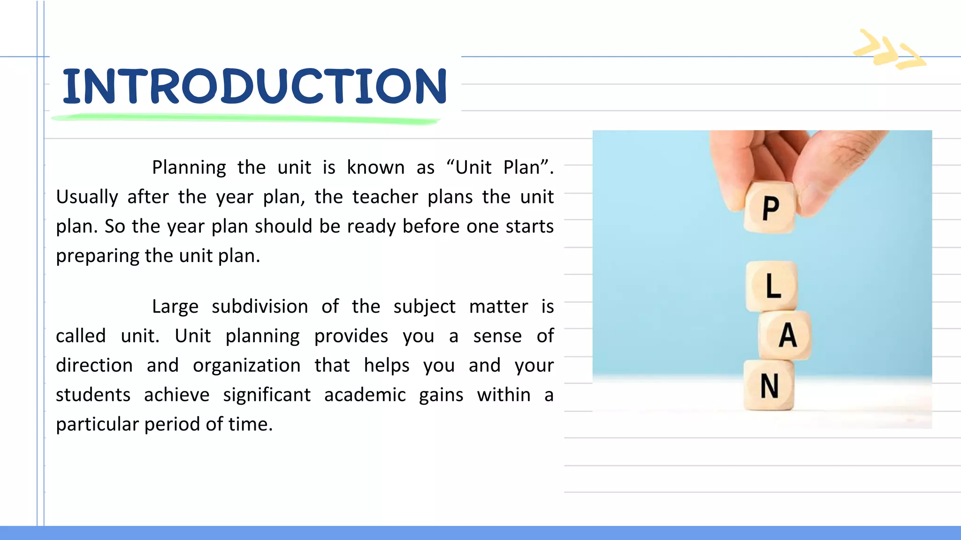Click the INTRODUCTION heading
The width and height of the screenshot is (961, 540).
coord(255,86)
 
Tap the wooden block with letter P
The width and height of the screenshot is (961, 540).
coord(770,208)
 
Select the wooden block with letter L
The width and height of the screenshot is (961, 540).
coord(772,286)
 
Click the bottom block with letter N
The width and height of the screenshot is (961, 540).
coord(769,386)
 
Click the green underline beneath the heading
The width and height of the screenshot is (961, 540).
coord(245,119)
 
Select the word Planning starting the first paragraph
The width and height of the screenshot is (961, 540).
coord(189,168)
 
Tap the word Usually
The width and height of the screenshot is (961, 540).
coord(87,197)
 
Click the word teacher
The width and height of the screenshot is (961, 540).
coord(385,197)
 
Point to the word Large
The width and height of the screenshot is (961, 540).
coord(175,307)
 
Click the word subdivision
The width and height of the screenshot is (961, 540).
coord(260,307)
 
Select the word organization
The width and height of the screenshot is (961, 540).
coord(246,366)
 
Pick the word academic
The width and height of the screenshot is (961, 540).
coord(365,395)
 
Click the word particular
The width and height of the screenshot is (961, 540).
coord(97,425)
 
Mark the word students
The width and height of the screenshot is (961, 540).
coord(93,395)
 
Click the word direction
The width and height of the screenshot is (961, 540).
coord(94,366)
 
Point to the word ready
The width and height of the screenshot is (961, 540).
coord(371,227)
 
